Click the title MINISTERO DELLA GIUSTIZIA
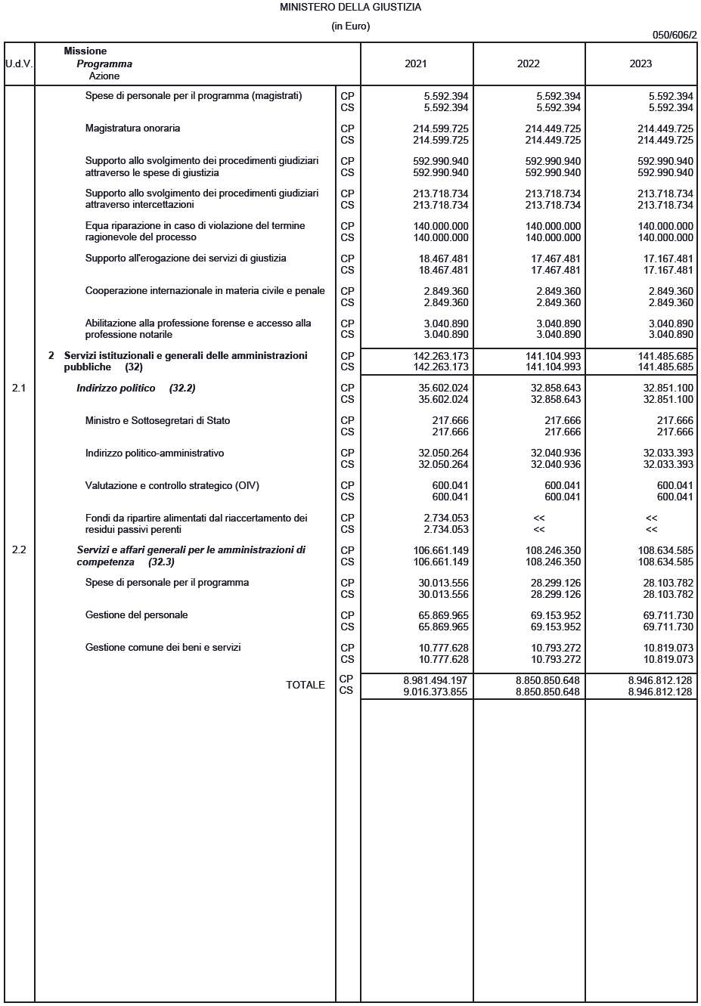(x=350, y=8)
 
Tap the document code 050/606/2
(x=674, y=35)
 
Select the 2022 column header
(x=528, y=63)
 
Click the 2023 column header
(x=641, y=63)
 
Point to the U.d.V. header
(x=19, y=63)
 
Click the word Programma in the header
(x=104, y=63)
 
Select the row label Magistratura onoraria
(x=132, y=128)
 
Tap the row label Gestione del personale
(x=136, y=615)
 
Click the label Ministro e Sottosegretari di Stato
(x=157, y=420)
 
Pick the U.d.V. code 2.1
(x=19, y=388)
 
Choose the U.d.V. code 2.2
(x=19, y=550)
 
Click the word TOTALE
(x=306, y=685)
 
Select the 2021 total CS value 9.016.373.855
(x=435, y=692)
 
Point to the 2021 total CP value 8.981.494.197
(x=435, y=681)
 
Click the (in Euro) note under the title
(x=350, y=26)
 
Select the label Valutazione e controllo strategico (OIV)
(x=172, y=485)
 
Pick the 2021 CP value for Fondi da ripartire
(x=445, y=518)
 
